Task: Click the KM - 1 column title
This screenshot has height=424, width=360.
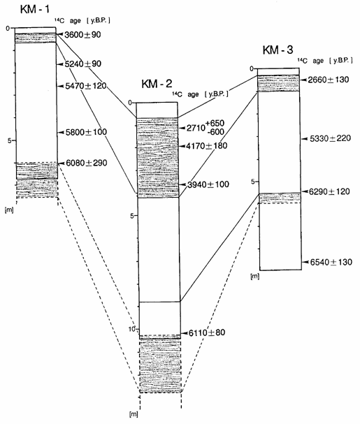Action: (35, 10)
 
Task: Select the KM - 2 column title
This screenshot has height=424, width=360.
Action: (157, 84)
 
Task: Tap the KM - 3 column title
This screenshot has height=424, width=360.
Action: (278, 50)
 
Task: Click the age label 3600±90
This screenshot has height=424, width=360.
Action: (82, 35)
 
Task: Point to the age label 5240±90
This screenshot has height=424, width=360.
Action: (83, 64)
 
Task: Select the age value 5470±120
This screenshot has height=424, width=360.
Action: (86, 86)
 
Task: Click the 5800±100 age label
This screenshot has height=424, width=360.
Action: (87, 132)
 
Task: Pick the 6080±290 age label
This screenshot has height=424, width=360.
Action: (87, 163)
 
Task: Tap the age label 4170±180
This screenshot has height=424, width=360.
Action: (207, 146)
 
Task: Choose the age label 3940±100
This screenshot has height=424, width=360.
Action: (208, 184)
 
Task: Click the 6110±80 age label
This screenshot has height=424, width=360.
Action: (206, 332)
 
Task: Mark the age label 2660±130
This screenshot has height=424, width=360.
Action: (329, 80)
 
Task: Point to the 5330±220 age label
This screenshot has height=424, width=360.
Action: (330, 138)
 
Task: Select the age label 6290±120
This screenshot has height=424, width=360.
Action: (329, 191)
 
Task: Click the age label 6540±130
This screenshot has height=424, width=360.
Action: (331, 262)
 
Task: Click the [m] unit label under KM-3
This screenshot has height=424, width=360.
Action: (255, 277)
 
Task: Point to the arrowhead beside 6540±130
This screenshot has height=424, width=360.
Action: (306, 262)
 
